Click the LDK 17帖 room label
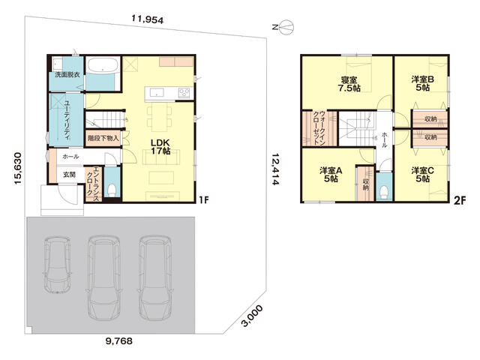(x=160, y=147)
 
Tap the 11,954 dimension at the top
(x=148, y=19)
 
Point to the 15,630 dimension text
(x=18, y=168)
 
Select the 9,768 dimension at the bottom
(x=119, y=340)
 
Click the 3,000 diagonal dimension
(x=252, y=316)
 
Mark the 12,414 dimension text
(x=275, y=169)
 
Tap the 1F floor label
(x=204, y=200)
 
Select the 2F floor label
(x=460, y=201)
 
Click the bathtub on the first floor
(x=102, y=64)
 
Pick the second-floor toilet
(x=384, y=192)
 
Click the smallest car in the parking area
(x=57, y=265)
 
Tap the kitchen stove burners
(x=184, y=92)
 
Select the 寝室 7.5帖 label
(x=349, y=84)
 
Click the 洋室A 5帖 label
(x=331, y=175)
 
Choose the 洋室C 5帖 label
(x=422, y=175)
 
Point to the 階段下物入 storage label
(x=103, y=138)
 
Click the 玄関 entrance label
(x=69, y=175)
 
